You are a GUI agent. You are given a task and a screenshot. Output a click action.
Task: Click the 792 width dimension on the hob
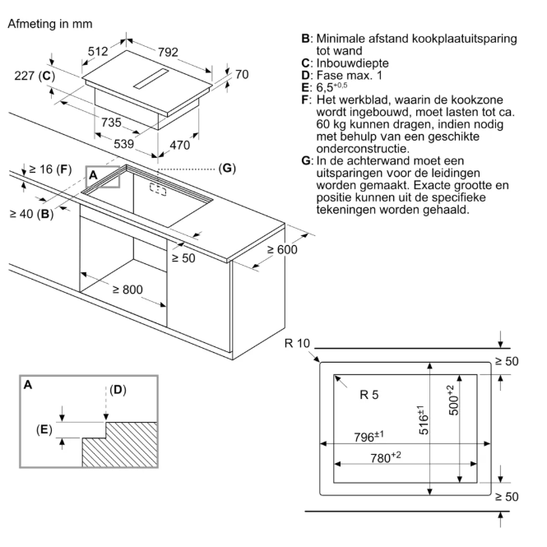pos(168,53)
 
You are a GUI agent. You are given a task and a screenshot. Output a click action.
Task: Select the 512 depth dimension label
pos(98,52)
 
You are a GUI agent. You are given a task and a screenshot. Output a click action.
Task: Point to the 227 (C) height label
pos(35,76)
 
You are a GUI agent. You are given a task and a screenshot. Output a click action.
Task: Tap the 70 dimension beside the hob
pos(242,74)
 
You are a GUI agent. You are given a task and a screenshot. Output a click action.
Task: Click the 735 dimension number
pos(111,123)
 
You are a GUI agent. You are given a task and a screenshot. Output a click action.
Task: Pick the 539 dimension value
pos(124,144)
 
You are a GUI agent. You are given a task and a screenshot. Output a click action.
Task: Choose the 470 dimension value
pos(179,145)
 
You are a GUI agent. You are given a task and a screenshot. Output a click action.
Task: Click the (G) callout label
pos(227,168)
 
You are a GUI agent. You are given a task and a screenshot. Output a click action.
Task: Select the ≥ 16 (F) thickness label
pos(50,169)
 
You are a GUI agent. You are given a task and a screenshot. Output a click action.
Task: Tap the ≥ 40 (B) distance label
pos(31,214)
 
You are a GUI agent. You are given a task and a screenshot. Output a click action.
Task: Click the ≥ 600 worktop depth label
pos(282,250)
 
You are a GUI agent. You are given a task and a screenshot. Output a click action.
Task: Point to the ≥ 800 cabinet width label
pos(127,290)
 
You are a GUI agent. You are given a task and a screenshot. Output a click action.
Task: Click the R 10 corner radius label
pos(297,343)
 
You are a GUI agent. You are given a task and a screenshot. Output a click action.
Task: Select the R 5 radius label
pos(369,395)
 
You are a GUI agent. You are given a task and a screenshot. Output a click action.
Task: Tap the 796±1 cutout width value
pos(369,436)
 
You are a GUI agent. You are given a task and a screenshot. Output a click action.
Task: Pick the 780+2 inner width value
pos(386,457)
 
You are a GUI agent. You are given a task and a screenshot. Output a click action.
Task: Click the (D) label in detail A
pos(118,390)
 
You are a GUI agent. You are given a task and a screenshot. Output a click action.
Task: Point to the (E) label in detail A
pos(44,429)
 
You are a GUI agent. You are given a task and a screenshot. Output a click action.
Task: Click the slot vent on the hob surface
pos(151,79)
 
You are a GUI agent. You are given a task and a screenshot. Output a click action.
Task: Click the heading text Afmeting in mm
pos(50,24)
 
